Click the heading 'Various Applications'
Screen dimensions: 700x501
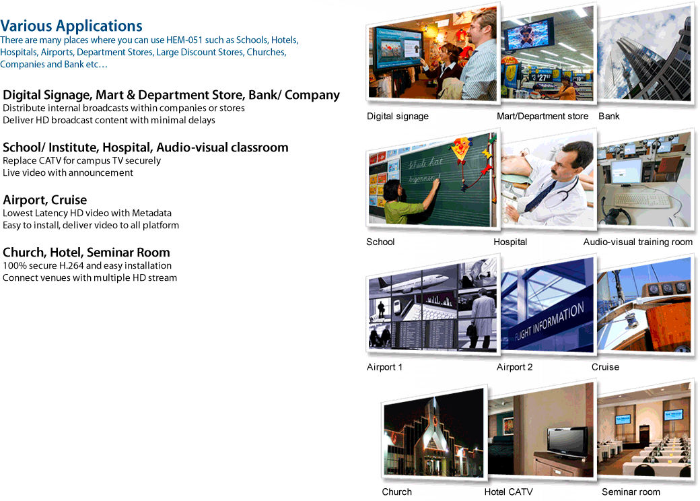click(71, 26)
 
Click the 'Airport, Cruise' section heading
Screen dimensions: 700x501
click(44, 200)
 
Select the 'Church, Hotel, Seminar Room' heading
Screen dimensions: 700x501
click(86, 253)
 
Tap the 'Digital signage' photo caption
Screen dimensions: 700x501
click(398, 116)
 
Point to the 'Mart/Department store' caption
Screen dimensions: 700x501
click(542, 116)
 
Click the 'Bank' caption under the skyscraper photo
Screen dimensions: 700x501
click(609, 116)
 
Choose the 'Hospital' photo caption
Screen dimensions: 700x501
click(510, 242)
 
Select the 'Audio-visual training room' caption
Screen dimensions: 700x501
click(638, 242)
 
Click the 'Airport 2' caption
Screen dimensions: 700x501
click(514, 367)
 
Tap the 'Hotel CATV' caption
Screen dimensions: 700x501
click(508, 492)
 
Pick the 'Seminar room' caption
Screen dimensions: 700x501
click(631, 492)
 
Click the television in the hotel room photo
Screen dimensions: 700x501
click(567, 442)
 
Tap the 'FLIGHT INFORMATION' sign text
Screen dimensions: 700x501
click(549, 321)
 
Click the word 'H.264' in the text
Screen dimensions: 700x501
click(71, 266)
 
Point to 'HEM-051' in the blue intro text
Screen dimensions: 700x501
click(184, 40)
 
